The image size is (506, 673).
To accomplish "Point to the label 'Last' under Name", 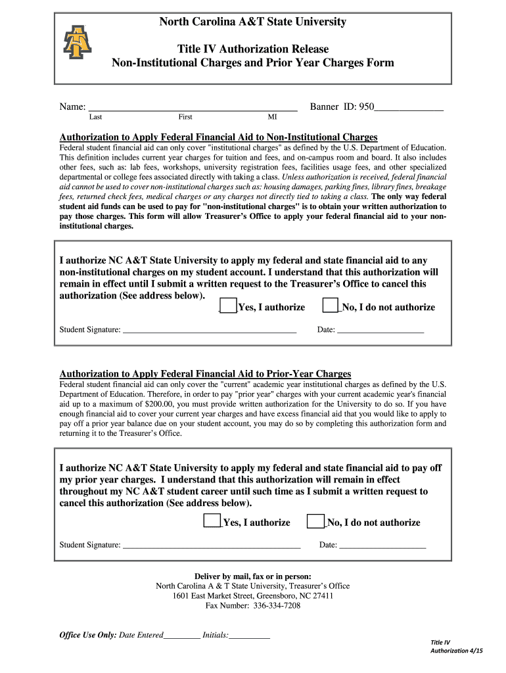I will click(x=95, y=117).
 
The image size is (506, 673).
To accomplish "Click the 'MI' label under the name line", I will click(x=272, y=117).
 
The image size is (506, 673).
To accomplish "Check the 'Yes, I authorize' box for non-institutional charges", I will click(x=228, y=306).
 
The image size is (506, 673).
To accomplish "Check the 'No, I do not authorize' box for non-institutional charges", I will click(x=330, y=306).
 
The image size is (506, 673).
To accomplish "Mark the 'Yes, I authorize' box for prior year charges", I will click(x=212, y=521).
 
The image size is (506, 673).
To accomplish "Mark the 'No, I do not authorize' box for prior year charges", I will click(x=315, y=521).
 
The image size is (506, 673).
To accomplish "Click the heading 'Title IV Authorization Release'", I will click(x=253, y=49).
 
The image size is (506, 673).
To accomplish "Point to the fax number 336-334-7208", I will click(x=277, y=605).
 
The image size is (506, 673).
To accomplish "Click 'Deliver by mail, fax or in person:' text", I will click(x=253, y=576).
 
